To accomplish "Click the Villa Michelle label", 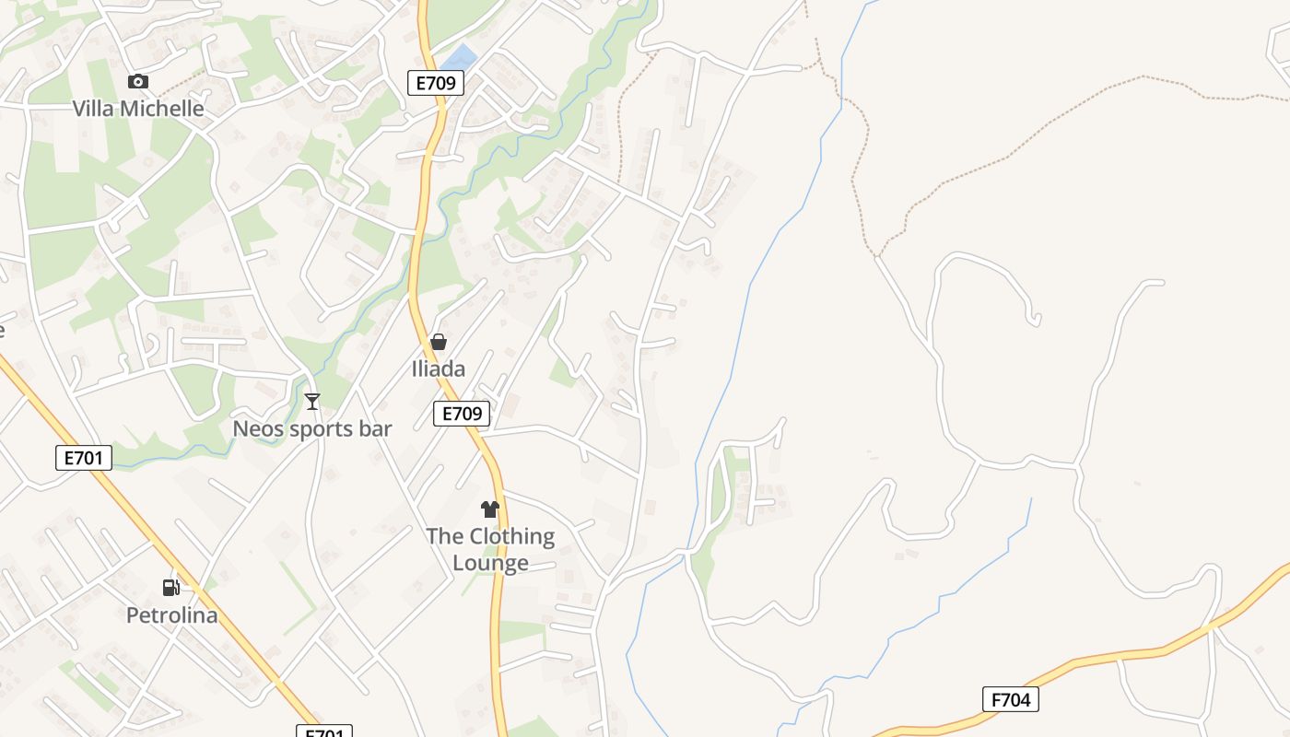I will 138,109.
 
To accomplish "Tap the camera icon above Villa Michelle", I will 138,81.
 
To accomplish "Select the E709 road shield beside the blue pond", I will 435,83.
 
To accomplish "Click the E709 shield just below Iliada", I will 462,414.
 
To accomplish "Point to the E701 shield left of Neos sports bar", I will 84,458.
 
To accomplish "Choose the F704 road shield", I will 1011,699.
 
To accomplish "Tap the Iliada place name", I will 438,369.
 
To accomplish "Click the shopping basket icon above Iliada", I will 439,342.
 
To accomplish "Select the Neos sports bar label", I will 312,428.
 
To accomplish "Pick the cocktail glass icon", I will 312,401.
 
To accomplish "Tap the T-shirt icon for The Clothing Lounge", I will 490,509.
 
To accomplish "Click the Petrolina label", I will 172,615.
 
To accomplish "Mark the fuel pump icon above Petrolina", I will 171,587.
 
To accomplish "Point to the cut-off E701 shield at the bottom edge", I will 323,732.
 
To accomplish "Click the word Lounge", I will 490,563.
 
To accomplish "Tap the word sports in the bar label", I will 312,428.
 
